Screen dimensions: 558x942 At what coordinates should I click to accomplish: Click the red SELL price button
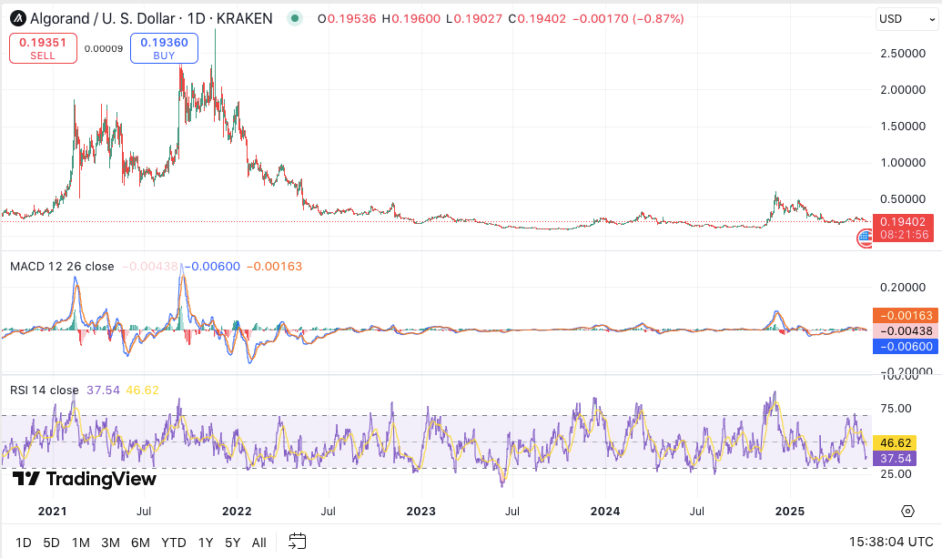pyautogui.click(x=43, y=48)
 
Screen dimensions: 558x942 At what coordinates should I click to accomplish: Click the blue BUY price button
pyautogui.click(x=164, y=48)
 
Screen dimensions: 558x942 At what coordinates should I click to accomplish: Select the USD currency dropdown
pyautogui.click(x=904, y=18)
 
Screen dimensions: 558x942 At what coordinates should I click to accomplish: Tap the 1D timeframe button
pyautogui.click(x=24, y=543)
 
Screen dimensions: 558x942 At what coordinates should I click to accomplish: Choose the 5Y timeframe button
pyautogui.click(x=233, y=543)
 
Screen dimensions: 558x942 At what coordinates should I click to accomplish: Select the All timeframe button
pyautogui.click(x=258, y=543)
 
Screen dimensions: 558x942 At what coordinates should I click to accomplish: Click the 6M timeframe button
pyautogui.click(x=140, y=543)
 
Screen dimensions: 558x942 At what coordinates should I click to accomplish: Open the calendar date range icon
pyautogui.click(x=298, y=543)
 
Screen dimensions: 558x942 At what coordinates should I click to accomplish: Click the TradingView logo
pyautogui.click(x=85, y=479)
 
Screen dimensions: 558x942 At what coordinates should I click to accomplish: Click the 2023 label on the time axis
pyautogui.click(x=420, y=512)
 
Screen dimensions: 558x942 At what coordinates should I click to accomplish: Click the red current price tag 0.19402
pyautogui.click(x=904, y=221)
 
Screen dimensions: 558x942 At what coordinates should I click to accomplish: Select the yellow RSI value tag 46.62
pyautogui.click(x=903, y=441)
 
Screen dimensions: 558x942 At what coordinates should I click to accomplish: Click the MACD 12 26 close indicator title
pyautogui.click(x=62, y=267)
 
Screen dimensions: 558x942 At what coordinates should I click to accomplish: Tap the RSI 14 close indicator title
pyautogui.click(x=45, y=391)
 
